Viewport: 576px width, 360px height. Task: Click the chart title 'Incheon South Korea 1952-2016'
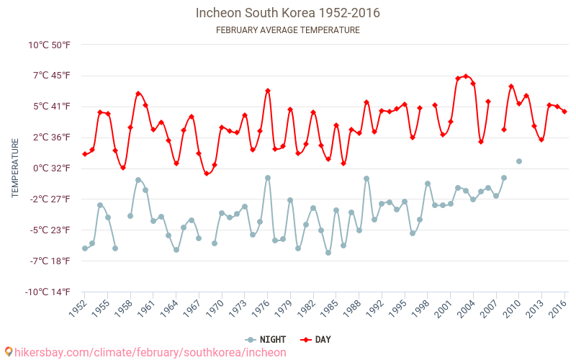(x=287, y=13)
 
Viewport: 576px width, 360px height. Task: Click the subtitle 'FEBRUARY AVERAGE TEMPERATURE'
(x=287, y=30)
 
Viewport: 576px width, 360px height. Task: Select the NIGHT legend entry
(x=265, y=340)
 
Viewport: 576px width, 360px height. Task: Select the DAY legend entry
(x=315, y=340)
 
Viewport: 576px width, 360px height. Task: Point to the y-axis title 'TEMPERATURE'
(x=15, y=168)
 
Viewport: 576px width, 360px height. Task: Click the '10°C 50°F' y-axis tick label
(x=49, y=45)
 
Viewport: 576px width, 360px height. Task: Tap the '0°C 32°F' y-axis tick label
(x=51, y=168)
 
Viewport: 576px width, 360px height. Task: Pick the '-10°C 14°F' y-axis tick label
(x=48, y=292)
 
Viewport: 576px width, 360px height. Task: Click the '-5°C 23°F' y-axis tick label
(x=50, y=230)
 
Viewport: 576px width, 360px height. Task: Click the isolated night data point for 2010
(x=519, y=161)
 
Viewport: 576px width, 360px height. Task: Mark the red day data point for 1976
(x=268, y=91)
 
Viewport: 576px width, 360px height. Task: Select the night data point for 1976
(x=268, y=178)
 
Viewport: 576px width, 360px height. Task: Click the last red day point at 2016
(x=564, y=112)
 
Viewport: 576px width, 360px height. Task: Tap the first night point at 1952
(x=85, y=248)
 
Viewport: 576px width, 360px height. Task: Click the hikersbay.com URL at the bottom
(x=150, y=353)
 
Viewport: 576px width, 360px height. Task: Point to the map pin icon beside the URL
(x=9, y=352)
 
